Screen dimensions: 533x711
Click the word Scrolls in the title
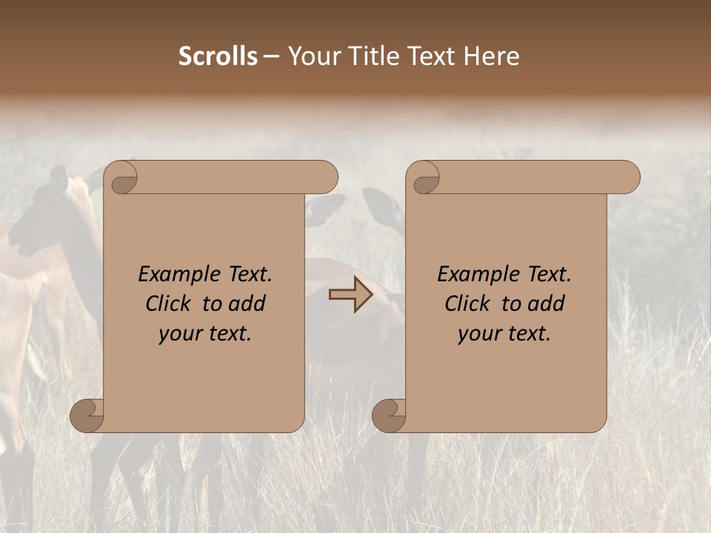tap(218, 56)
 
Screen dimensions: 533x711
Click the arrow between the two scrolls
tap(351, 295)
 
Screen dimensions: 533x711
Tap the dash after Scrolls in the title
tap(271, 57)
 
